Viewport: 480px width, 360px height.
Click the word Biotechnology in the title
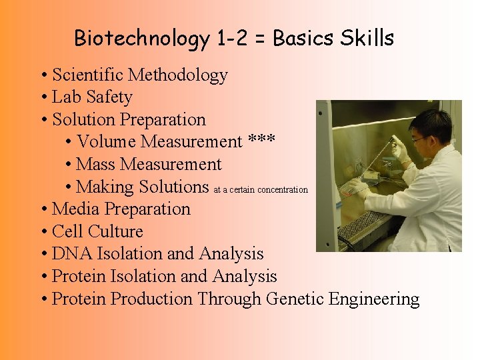[x=142, y=39]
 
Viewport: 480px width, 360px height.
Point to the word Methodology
[x=178, y=75]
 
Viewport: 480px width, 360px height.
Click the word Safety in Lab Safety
[x=109, y=97]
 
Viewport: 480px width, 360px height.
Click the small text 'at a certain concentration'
[x=261, y=190]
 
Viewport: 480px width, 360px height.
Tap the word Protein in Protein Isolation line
[x=80, y=277]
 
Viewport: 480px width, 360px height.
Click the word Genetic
[x=295, y=299]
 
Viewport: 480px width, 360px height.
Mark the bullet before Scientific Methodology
[x=43, y=75]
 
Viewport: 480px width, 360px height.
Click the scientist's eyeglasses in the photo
[x=419, y=139]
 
